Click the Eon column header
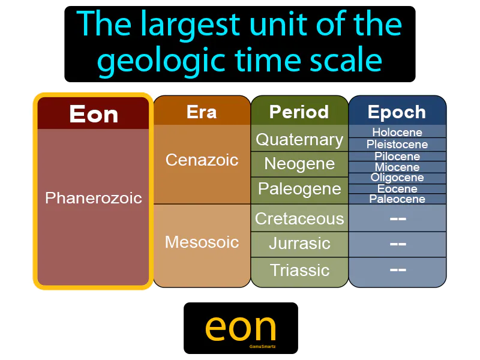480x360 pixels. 93,114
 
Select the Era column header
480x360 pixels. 202,112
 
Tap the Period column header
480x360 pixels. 299,112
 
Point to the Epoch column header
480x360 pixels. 397,112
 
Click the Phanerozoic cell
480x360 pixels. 93,197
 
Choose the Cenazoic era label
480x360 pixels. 202,160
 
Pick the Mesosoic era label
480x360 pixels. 202,242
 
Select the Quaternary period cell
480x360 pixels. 299,139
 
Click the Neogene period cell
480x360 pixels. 299,164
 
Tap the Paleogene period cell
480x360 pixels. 299,189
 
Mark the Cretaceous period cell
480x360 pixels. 299,218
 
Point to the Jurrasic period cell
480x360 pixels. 299,244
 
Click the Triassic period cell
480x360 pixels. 299,270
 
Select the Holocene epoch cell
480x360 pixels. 397,132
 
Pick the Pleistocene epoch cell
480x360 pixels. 397,144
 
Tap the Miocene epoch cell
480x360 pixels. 397,167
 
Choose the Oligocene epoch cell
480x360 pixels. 397,178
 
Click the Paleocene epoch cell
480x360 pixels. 397,199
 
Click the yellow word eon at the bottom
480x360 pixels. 241,327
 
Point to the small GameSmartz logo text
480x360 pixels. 262,346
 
